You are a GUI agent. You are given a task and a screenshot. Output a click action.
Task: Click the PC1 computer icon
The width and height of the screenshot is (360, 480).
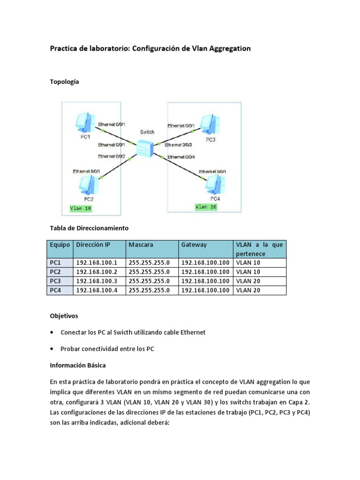85,123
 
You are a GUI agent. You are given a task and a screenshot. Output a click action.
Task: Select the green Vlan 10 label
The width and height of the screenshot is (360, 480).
80,209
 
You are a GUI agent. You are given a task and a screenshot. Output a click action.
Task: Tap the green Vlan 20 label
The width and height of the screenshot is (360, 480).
206,206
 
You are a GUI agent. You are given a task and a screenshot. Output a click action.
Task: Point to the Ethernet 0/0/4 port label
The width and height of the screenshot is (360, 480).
181,157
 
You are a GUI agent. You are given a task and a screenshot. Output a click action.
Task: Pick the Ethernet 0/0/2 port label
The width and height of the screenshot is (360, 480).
112,156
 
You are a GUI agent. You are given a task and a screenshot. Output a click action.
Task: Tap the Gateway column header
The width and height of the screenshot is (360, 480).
194,245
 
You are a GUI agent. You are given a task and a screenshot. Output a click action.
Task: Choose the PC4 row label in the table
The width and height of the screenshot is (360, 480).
55,291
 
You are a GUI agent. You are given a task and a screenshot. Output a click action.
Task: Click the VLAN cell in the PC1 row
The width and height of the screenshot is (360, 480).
248,263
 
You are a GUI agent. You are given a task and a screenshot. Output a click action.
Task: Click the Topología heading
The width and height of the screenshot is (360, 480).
65,82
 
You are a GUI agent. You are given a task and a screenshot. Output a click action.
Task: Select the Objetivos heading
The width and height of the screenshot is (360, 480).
64,316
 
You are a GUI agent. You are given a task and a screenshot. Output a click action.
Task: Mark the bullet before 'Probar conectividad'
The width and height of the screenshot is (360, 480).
51,349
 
